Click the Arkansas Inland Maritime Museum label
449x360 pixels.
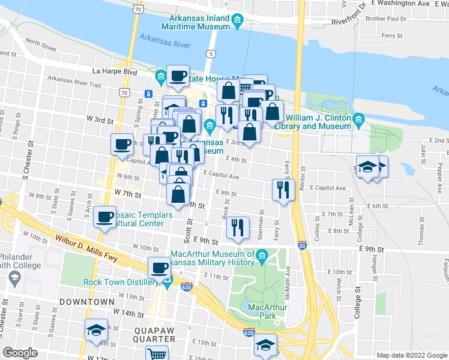tap(196, 22)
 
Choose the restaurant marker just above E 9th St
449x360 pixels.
tap(238, 228)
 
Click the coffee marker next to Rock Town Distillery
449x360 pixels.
tap(160, 268)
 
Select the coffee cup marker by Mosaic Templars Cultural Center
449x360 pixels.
tap(106, 217)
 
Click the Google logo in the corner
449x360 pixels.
tap(20, 353)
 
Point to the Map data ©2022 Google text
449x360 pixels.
tap(411, 355)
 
